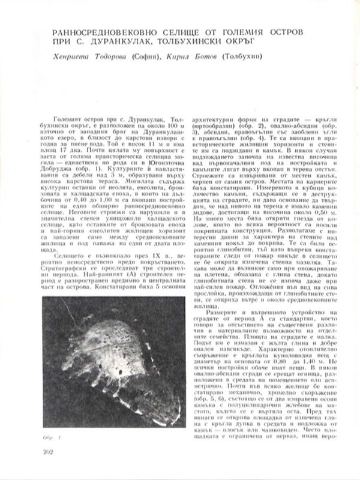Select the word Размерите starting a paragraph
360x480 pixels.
click(x=220, y=316)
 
